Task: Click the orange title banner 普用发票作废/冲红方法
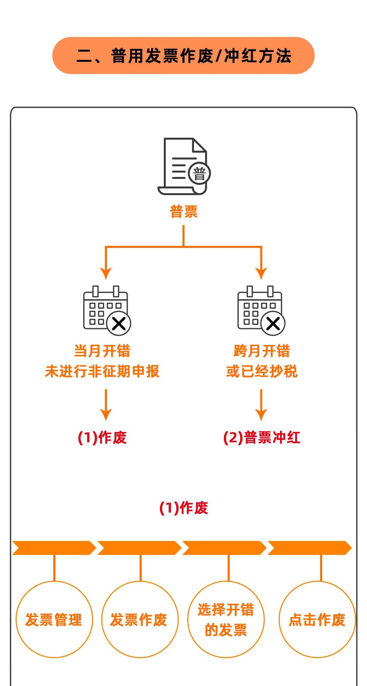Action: click(x=183, y=56)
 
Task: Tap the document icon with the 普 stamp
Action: click(x=183, y=166)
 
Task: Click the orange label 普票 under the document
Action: click(x=183, y=212)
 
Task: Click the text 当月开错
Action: click(x=102, y=351)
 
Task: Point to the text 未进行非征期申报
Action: click(x=102, y=371)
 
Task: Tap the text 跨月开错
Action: click(x=262, y=351)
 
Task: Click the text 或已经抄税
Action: click(x=262, y=371)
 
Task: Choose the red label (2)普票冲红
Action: click(x=262, y=437)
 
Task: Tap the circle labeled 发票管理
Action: click(x=54, y=619)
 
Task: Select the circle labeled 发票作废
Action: click(x=139, y=619)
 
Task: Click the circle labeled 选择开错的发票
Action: click(x=226, y=619)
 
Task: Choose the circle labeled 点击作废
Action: click(x=317, y=619)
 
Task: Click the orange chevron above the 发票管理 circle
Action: click(x=54, y=548)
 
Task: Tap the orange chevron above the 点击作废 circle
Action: click(x=309, y=548)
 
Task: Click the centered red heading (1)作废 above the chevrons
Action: click(x=183, y=508)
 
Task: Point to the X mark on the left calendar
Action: click(x=119, y=323)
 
